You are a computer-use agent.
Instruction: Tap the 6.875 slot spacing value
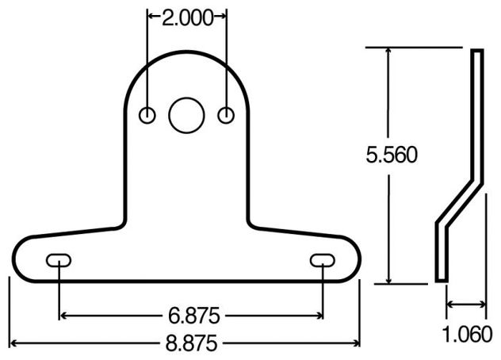point(191,315)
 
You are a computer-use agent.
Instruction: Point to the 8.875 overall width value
point(191,343)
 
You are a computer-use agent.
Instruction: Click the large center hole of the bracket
point(187,115)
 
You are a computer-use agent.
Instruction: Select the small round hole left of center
point(147,115)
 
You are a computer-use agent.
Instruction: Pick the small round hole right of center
point(227,115)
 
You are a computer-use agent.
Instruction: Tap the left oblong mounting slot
point(59,260)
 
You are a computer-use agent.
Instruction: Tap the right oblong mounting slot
point(322,260)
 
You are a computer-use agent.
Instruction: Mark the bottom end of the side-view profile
point(441,277)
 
